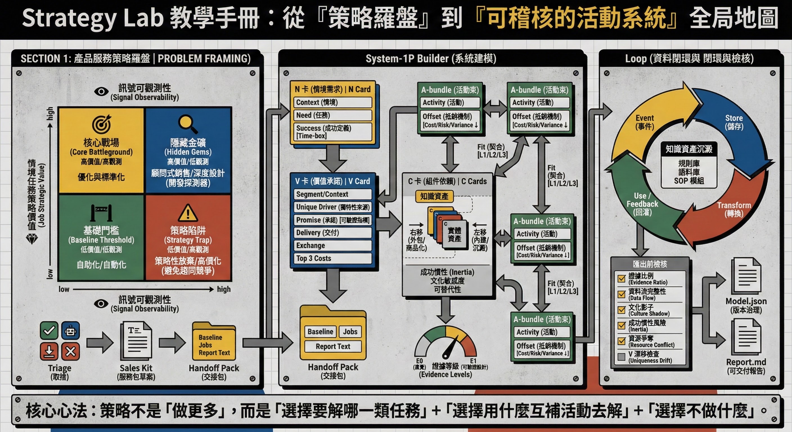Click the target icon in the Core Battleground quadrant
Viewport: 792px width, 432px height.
(102, 124)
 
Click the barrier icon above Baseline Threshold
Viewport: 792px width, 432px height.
(102, 212)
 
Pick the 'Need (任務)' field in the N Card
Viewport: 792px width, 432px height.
(333, 115)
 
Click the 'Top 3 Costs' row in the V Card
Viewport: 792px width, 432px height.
(333, 258)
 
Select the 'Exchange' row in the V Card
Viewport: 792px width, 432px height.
(333, 245)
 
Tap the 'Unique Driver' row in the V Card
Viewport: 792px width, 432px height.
(333, 207)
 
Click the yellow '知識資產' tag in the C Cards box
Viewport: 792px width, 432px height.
(434, 196)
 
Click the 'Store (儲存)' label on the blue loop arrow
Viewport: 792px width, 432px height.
(733, 122)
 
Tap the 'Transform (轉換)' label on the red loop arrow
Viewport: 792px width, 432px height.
(734, 209)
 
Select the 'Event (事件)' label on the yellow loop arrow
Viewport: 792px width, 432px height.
(645, 122)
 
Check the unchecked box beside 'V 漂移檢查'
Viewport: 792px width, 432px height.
(621, 357)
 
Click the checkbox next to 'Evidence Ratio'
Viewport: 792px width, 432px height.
(621, 278)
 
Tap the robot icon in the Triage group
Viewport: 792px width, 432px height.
(70, 331)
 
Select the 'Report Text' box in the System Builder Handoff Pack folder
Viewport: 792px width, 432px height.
(333, 346)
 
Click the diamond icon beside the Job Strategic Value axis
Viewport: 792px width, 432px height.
(32, 238)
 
